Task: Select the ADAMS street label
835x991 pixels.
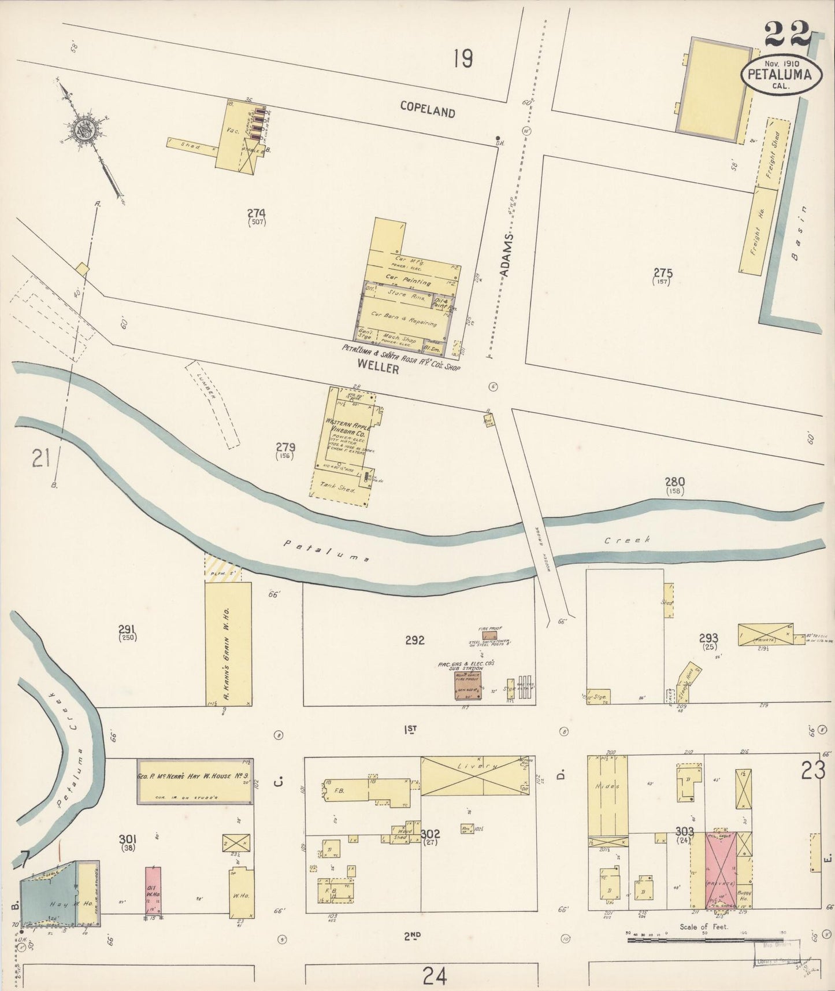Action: click(x=507, y=258)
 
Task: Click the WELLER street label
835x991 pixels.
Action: click(x=378, y=367)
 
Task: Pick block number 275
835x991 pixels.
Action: click(x=663, y=273)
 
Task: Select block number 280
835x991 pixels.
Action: click(x=674, y=482)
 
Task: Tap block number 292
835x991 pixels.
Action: click(x=414, y=640)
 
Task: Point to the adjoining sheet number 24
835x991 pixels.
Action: click(x=435, y=976)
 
